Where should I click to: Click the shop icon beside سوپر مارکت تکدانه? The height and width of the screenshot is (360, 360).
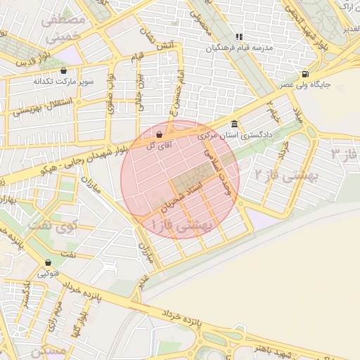[x=64, y=71]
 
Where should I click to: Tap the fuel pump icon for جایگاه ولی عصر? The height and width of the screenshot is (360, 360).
[x=304, y=75]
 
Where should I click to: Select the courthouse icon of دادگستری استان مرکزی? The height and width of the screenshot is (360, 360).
[x=234, y=124]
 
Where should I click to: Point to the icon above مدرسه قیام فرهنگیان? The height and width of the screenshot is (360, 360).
[x=239, y=37]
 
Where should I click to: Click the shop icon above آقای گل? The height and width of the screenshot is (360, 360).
[x=159, y=134]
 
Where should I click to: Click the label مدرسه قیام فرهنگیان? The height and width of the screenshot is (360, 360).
[x=238, y=48]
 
